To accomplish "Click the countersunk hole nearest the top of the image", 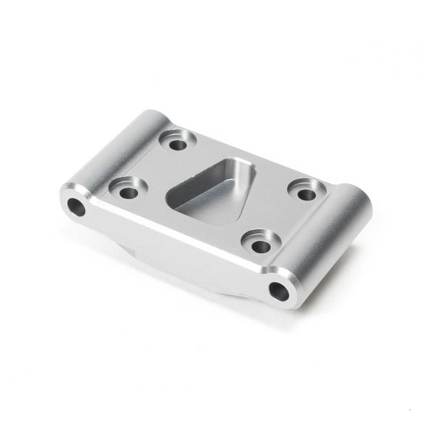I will (178, 143).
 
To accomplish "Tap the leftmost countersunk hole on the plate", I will (128, 192).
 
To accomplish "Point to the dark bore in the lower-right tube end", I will (279, 292).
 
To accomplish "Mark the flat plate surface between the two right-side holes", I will (284, 218).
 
